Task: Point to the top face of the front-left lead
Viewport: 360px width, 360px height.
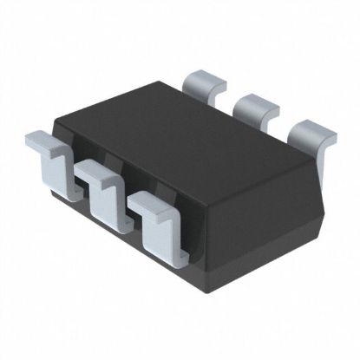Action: (x=39, y=139)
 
